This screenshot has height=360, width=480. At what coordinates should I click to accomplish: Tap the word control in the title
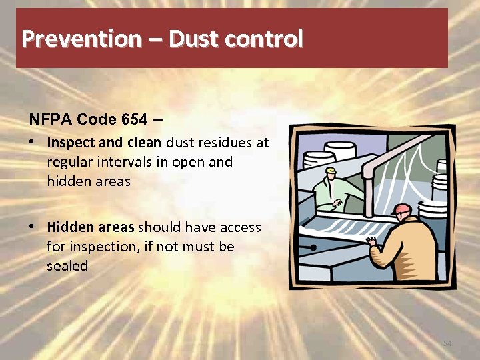click(x=263, y=39)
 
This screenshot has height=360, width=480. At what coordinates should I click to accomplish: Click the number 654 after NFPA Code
click(x=135, y=120)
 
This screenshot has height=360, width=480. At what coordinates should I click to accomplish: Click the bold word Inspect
click(x=68, y=142)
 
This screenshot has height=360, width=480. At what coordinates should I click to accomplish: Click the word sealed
click(x=67, y=265)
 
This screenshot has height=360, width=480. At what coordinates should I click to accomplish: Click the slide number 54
click(x=447, y=343)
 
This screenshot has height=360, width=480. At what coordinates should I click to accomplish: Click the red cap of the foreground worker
click(x=401, y=209)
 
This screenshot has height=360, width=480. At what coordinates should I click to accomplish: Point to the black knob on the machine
click(x=313, y=247)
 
